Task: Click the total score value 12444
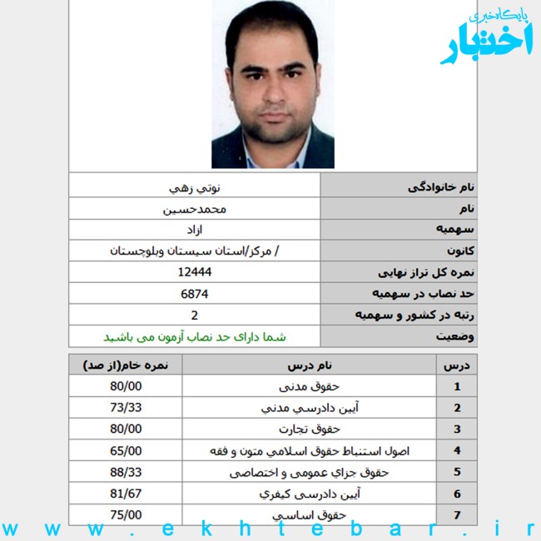click(x=195, y=272)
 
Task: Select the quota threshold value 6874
click(x=195, y=294)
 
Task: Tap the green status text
click(x=195, y=337)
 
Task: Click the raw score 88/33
click(x=126, y=472)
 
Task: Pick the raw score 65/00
click(x=126, y=451)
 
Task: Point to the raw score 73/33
click(x=126, y=408)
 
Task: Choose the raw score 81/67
click(x=126, y=494)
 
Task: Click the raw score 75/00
click(x=126, y=515)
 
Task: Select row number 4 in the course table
click(x=457, y=451)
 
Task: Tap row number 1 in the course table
click(x=457, y=386)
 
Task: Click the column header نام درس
click(x=309, y=365)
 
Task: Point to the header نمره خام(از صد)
click(x=126, y=365)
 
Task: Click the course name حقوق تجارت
click(x=310, y=429)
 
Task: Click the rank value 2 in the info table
click(x=195, y=315)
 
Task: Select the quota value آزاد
click(x=195, y=229)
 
